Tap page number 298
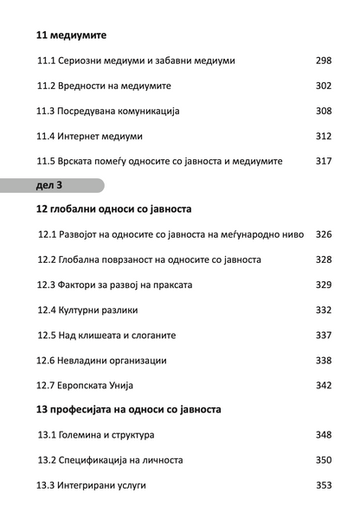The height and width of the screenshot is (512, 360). tap(324, 61)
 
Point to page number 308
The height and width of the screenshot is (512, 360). tap(324, 112)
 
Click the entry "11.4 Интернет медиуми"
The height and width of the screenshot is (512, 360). tap(90, 137)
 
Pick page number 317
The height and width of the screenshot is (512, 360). tap(324, 162)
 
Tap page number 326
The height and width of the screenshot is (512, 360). tap(324, 235)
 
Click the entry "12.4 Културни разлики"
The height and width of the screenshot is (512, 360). tap(87, 310)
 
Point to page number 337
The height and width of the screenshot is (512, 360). tap(324, 336)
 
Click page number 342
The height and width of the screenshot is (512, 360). tap(324, 386)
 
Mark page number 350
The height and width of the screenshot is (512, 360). tap(324, 460)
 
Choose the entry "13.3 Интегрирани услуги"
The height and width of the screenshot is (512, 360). tap(91, 486)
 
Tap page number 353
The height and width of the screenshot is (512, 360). tap(324, 486)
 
